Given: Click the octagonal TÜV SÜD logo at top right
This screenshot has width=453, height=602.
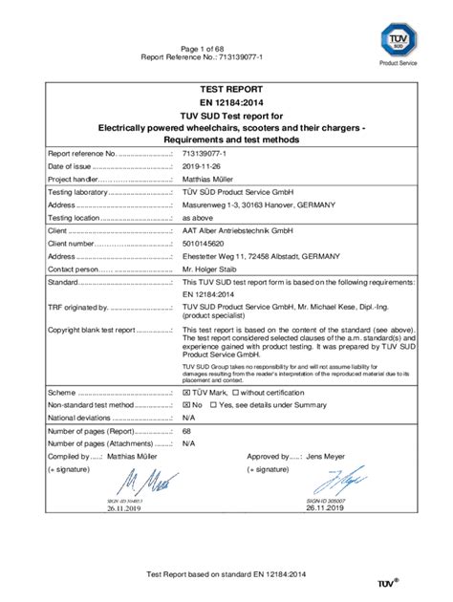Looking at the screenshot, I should [x=397, y=39].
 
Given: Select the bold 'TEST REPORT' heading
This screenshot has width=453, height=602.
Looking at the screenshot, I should [x=226, y=91].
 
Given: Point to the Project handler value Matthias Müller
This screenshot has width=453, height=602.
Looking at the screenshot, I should [x=212, y=178].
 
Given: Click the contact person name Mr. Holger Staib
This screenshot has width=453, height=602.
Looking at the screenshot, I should [x=215, y=269].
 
